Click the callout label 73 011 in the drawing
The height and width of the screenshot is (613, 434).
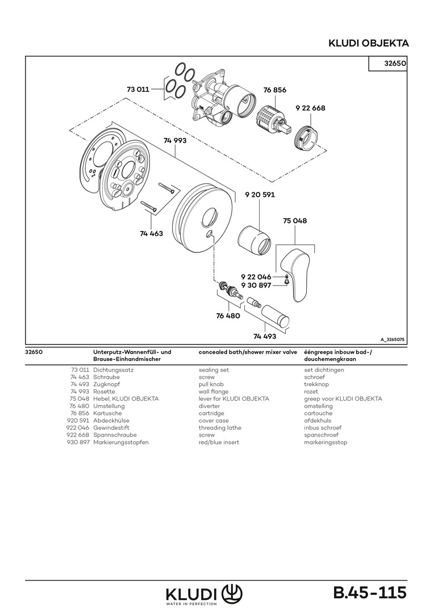click(x=137, y=89)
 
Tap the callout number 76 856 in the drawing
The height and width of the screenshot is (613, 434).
click(x=275, y=90)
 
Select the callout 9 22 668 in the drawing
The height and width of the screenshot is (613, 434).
click(x=310, y=107)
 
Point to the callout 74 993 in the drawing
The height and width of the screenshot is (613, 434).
click(x=175, y=140)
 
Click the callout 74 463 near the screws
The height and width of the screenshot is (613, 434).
click(x=151, y=233)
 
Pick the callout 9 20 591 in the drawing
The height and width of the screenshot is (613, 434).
click(x=260, y=195)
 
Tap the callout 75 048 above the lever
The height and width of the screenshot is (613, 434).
click(x=294, y=221)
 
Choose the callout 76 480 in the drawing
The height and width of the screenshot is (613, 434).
click(x=228, y=316)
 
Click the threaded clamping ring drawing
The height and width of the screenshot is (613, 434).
click(x=304, y=138)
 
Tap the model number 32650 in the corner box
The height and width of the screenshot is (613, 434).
click(x=394, y=64)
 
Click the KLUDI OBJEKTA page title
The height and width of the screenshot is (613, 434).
click(x=369, y=43)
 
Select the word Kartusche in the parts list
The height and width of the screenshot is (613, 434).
click(x=108, y=413)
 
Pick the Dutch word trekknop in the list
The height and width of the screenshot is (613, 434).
click(x=316, y=384)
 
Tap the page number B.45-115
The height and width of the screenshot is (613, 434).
click(x=370, y=593)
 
